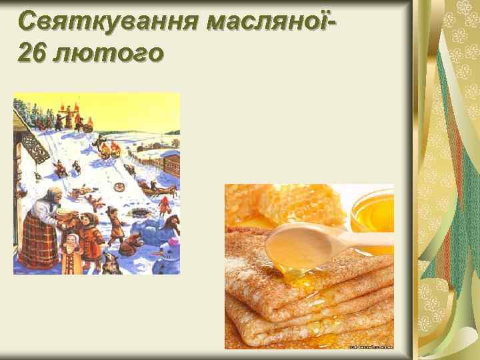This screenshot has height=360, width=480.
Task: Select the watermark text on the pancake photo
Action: (370, 346)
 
